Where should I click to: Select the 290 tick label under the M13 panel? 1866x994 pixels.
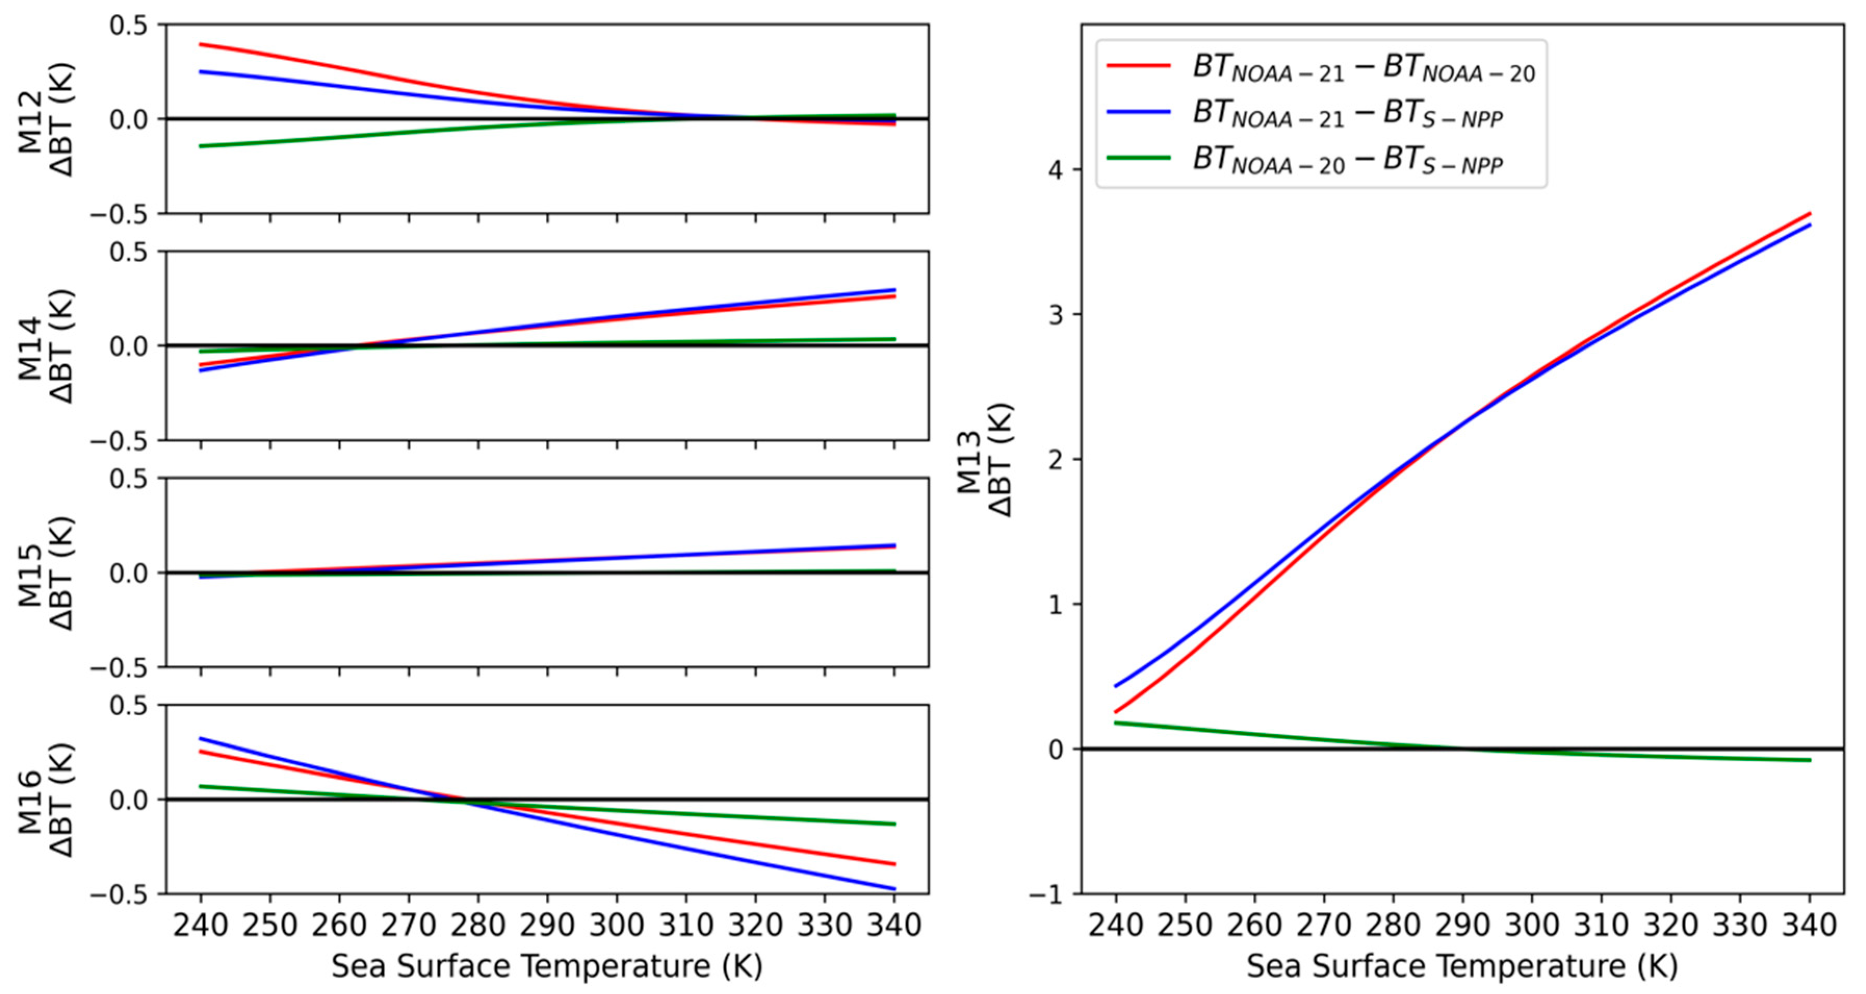1463,926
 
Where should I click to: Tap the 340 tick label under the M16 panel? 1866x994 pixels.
894,926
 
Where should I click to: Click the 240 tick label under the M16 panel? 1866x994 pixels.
201,926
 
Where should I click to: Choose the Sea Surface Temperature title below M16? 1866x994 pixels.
547,966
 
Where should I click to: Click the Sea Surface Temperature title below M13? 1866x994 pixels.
1462,966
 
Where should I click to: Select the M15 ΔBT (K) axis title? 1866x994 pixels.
45,573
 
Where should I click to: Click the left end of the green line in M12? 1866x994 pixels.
201,146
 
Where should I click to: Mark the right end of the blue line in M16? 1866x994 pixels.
895,889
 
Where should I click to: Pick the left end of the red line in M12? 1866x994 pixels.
201,44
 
